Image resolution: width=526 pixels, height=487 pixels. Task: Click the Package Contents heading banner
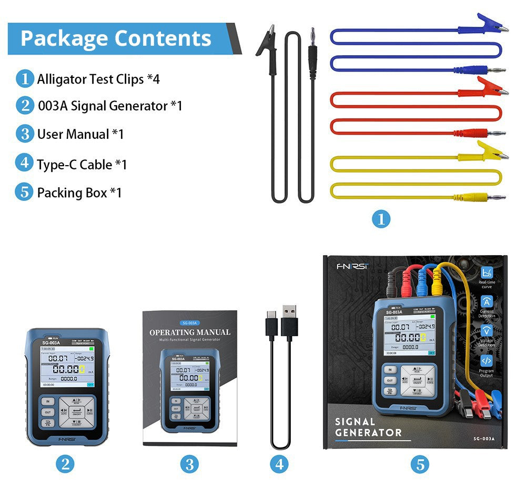(x=116, y=38)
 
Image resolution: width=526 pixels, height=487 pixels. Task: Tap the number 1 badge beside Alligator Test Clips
(x=24, y=79)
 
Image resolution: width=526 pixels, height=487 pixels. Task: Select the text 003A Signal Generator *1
(x=110, y=106)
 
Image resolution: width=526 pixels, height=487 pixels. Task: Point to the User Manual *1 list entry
(x=80, y=134)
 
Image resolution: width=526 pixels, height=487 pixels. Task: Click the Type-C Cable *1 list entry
(x=82, y=165)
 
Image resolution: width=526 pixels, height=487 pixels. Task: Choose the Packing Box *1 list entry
(x=79, y=192)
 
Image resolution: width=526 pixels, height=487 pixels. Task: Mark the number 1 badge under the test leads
(x=381, y=218)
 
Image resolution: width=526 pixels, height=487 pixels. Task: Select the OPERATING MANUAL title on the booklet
(x=190, y=332)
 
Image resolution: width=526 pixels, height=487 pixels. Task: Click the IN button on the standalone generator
(x=47, y=401)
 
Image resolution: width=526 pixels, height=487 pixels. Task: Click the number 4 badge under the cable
(x=279, y=464)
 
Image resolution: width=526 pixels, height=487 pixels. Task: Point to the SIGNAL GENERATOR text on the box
(x=368, y=427)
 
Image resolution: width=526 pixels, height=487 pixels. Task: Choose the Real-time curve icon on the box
(x=487, y=273)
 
